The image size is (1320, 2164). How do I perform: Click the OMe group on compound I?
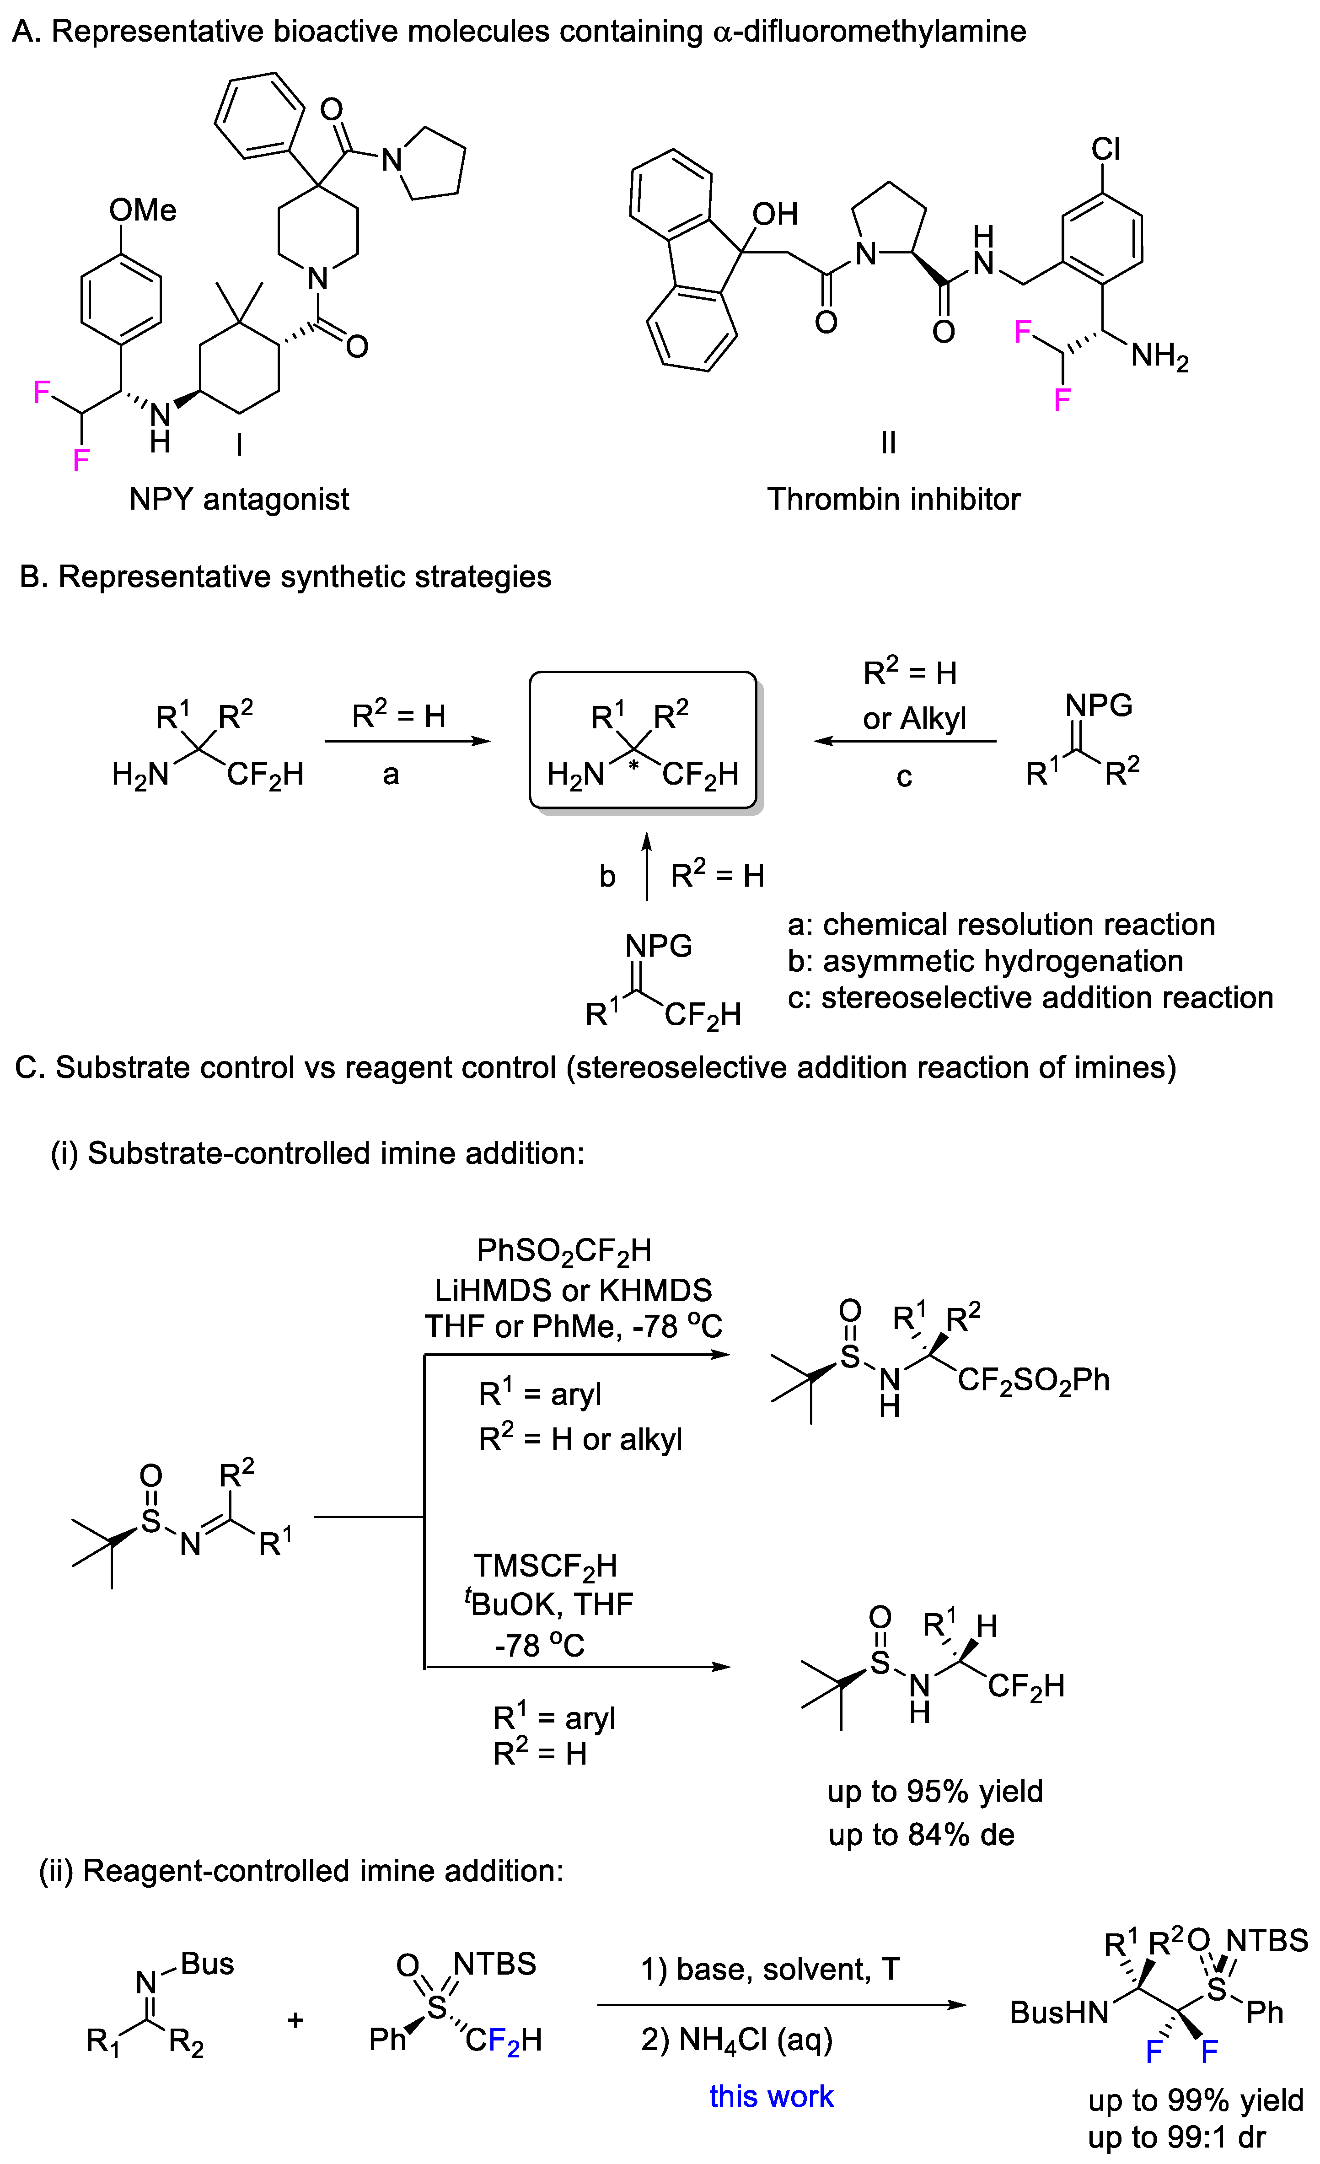142,210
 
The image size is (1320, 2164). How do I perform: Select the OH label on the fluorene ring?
775,213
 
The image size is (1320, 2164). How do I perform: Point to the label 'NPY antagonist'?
239,499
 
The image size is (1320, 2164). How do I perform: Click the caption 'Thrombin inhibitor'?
893,499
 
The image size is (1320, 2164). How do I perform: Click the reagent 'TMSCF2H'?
545,1566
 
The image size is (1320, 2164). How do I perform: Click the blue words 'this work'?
771,2095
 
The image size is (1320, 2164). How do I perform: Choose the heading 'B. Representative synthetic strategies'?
285,577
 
